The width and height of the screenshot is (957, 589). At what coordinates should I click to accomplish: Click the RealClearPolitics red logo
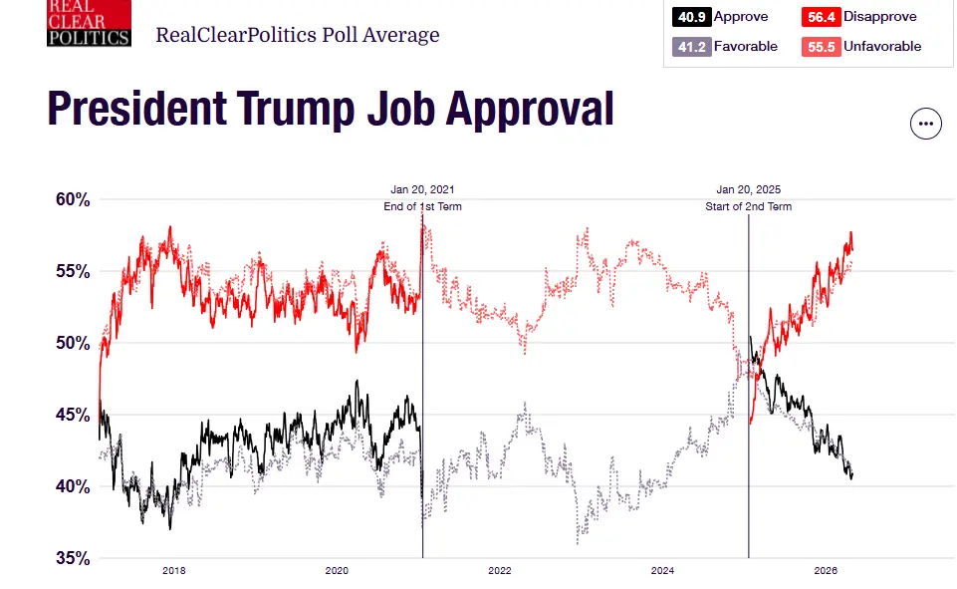tap(89, 23)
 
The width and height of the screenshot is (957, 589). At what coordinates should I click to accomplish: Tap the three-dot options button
tap(926, 124)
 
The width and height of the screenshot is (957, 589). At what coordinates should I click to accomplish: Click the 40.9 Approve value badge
tap(691, 17)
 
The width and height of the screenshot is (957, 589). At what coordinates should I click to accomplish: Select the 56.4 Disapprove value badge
tap(821, 17)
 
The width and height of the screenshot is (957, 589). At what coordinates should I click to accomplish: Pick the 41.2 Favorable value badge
tap(691, 47)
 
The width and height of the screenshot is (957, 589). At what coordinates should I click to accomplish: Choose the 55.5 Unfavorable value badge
tap(821, 47)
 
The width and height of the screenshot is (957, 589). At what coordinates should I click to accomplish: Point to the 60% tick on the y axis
tap(73, 199)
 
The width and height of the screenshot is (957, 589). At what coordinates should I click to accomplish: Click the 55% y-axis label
tap(73, 271)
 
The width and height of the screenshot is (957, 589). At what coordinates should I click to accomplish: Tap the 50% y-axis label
tap(73, 343)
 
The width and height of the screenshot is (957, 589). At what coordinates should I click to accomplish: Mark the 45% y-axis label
tap(73, 415)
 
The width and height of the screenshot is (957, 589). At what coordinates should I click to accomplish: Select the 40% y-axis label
tap(73, 486)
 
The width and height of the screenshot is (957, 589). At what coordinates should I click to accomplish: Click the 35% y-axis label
tap(73, 558)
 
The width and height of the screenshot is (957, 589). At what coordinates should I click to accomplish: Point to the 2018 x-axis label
tap(174, 571)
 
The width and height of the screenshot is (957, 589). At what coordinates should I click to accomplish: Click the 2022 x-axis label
tap(500, 571)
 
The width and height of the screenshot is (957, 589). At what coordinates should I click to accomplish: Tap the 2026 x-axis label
tap(826, 571)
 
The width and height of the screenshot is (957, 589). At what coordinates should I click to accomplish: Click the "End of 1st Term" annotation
tap(422, 206)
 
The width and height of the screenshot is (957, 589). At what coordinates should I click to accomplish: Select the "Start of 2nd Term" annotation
tap(748, 206)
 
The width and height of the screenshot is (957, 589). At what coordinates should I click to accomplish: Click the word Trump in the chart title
tap(296, 110)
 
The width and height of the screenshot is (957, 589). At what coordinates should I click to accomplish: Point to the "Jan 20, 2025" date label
tap(748, 189)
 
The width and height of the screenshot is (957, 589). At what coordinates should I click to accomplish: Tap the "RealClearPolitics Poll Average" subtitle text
tap(297, 35)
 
